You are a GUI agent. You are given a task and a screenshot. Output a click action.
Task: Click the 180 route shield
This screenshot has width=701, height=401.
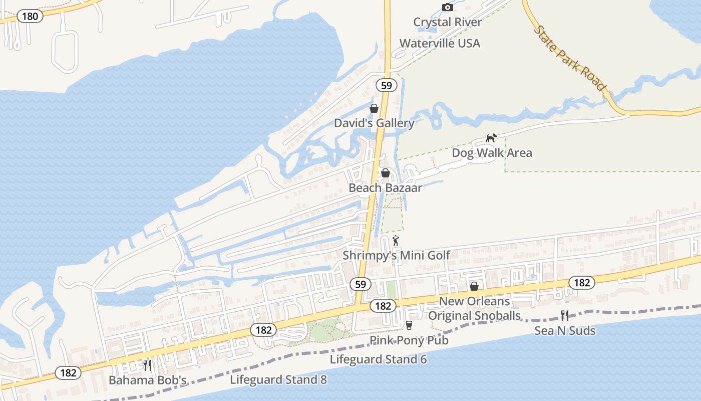[x=30, y=16]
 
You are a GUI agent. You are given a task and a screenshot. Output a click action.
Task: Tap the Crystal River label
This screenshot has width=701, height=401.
[x=448, y=22]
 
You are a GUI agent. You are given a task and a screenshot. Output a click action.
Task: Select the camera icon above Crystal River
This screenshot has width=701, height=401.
[x=448, y=7]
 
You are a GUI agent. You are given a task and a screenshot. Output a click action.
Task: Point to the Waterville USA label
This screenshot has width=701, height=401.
[x=440, y=43]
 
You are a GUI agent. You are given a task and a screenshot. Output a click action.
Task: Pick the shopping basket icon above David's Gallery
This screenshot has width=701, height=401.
[x=374, y=108]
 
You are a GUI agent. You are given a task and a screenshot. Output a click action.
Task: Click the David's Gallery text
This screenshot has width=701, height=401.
[x=374, y=123]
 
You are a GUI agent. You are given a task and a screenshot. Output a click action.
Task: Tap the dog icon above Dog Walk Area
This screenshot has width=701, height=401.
[x=492, y=138]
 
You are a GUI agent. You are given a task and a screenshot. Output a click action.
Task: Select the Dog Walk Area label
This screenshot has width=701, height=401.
[x=492, y=153]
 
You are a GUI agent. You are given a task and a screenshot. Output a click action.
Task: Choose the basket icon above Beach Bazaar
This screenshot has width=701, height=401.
[x=386, y=173]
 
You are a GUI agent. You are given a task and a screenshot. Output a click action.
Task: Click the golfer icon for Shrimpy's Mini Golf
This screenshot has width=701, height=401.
[x=396, y=241]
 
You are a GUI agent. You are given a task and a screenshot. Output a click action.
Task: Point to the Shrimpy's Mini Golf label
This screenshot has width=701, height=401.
[x=396, y=256]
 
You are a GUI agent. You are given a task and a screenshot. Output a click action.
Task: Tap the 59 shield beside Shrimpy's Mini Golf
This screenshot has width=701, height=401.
[x=361, y=284]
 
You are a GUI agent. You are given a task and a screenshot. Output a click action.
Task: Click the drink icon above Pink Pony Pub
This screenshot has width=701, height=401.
[x=409, y=325]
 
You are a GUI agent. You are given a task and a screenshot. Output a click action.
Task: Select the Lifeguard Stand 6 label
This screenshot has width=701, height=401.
[x=378, y=359]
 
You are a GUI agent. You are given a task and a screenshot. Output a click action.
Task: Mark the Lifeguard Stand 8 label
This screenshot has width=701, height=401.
[x=278, y=379]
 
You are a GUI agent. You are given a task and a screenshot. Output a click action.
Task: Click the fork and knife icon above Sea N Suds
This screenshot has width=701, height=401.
[x=565, y=315]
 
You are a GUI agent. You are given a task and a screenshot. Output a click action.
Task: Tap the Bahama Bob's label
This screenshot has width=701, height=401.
[x=148, y=380]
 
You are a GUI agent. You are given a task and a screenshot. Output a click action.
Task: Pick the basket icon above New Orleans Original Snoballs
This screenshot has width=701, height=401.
[x=474, y=286]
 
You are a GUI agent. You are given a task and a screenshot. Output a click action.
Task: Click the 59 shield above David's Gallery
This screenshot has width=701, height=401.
[x=386, y=85]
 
